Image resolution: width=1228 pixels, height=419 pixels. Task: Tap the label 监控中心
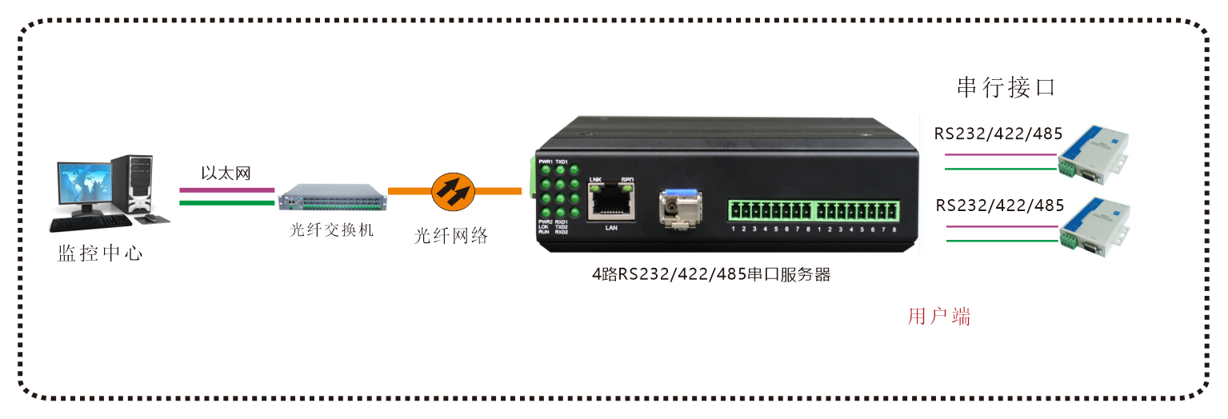(x=100, y=253)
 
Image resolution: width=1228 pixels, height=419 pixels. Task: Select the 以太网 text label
(x=226, y=174)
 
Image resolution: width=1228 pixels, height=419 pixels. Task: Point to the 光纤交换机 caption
(x=331, y=231)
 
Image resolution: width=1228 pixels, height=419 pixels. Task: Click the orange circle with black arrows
(x=453, y=191)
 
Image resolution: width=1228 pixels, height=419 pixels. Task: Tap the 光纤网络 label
(x=450, y=236)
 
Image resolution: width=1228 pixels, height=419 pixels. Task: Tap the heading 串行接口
(x=1006, y=87)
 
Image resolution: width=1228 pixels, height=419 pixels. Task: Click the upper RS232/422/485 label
(x=998, y=134)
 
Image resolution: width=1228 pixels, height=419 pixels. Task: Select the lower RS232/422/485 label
(x=999, y=206)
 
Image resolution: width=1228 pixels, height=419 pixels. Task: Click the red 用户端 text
(x=939, y=317)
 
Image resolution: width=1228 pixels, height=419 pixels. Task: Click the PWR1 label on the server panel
(x=546, y=162)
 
